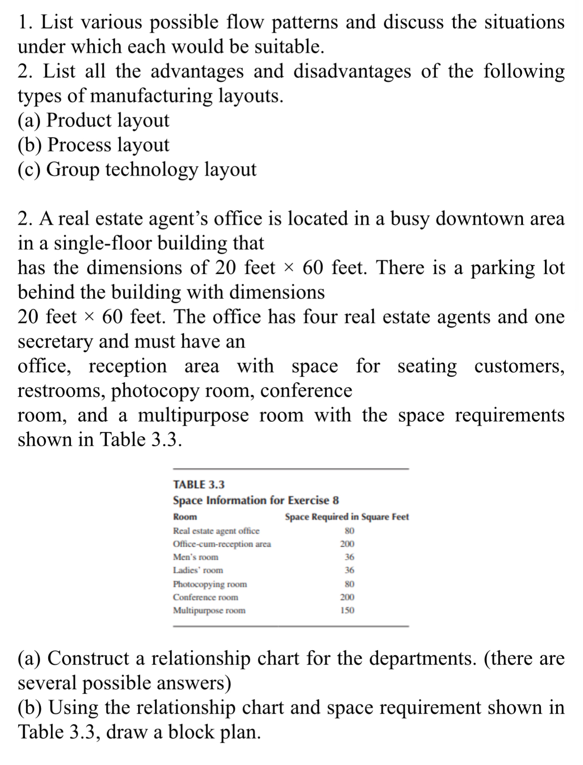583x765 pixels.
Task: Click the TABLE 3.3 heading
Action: [x=199, y=484]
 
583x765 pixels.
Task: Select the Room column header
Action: [x=185, y=517]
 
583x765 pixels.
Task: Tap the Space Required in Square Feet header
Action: [x=347, y=517]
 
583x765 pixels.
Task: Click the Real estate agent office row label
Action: [x=216, y=531]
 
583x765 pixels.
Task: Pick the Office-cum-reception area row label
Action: [x=222, y=544]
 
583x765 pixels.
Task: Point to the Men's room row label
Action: [x=196, y=557]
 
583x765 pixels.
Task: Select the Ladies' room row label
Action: [x=198, y=570]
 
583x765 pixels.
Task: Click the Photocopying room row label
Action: [x=210, y=584]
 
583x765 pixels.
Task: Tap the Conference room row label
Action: [x=206, y=597]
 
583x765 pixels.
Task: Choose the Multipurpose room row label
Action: [x=209, y=610]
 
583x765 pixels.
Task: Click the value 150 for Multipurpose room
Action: [x=347, y=610]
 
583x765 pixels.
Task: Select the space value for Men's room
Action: [x=349, y=557]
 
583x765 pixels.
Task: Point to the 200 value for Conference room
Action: [x=347, y=597]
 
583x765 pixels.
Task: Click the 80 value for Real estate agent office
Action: [x=349, y=531]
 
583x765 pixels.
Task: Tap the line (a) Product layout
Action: [x=93, y=120]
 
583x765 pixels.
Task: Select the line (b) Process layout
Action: [x=93, y=145]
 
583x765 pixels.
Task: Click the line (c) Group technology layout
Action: [x=137, y=169]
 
